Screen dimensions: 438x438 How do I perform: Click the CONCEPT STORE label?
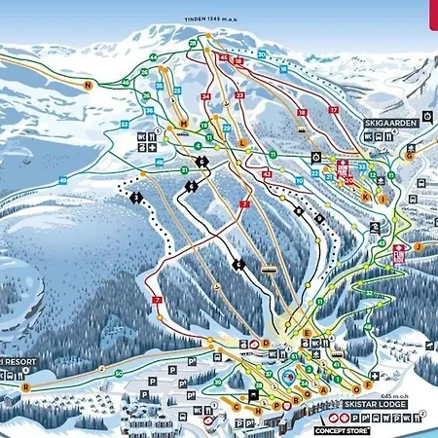(341, 428)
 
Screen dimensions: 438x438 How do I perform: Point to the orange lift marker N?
(88, 86)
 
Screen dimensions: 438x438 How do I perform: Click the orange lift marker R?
(26, 386)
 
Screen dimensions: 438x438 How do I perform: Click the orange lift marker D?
(266, 344)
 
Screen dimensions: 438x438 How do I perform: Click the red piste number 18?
(303, 113)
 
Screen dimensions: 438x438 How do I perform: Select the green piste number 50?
(118, 374)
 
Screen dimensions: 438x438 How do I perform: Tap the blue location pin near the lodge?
(289, 376)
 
